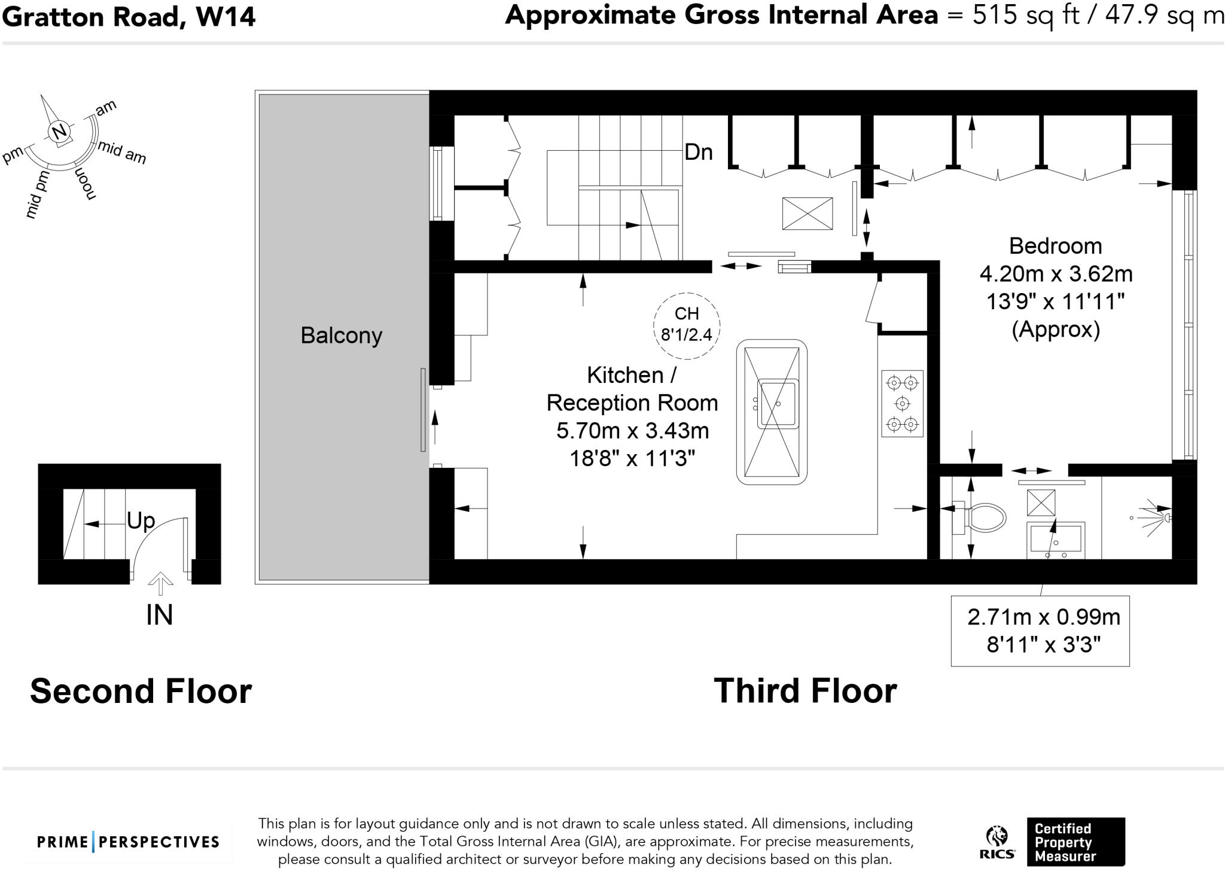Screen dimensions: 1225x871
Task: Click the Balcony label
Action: [341, 336]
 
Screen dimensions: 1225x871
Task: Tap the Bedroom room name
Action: [1055, 246]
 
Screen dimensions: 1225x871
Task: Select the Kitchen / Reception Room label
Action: [632, 389]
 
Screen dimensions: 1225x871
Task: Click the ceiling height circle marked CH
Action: [687, 326]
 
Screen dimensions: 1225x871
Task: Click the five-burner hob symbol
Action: [902, 403]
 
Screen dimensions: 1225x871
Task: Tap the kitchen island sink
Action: [778, 404]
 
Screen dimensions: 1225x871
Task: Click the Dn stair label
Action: [698, 152]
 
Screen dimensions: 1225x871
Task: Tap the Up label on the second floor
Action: [141, 520]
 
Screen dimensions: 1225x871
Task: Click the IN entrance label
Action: [159, 615]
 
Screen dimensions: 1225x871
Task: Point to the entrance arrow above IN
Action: [160, 584]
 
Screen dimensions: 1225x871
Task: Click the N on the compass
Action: [59, 132]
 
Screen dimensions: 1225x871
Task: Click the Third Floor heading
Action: [805, 691]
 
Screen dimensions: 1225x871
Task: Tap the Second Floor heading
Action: [141, 691]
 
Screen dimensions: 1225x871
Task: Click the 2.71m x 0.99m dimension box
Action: [1040, 631]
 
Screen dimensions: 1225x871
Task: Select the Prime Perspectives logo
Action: [128, 842]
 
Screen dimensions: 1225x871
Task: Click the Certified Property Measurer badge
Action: [1075, 842]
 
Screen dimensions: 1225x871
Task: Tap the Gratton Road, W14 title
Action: [129, 16]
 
